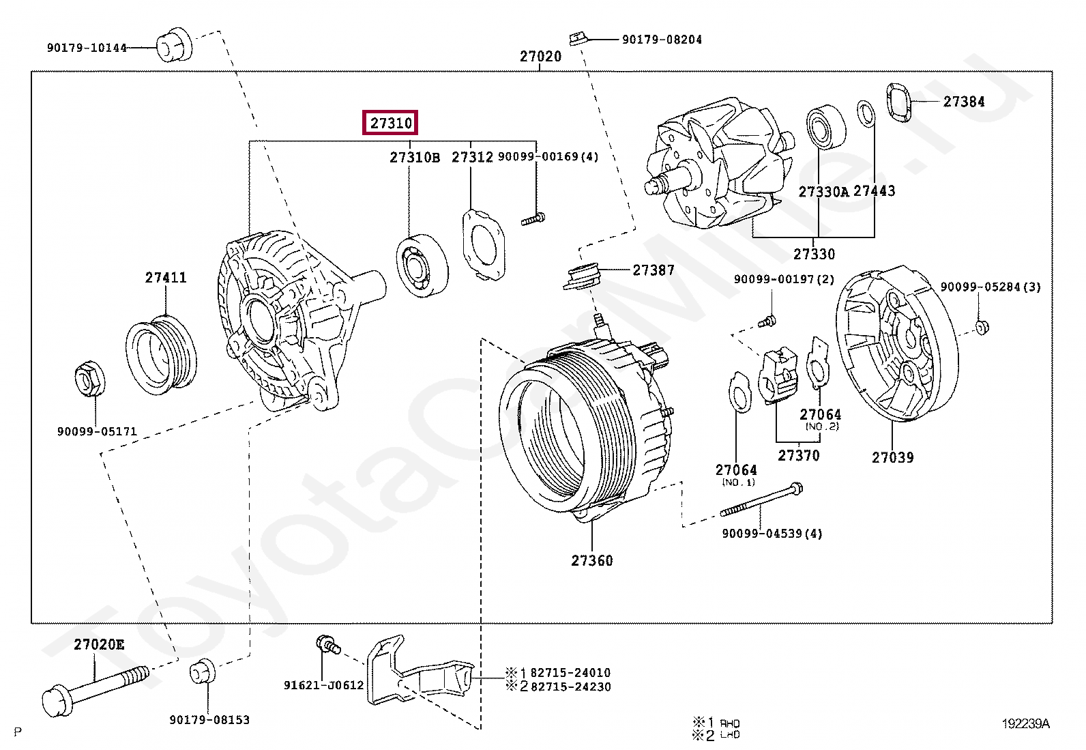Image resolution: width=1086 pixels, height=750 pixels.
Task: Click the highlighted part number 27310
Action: coord(391,123)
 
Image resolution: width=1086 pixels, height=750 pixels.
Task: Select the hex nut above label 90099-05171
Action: coord(89,380)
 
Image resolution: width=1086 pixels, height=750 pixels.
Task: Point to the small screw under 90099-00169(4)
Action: coord(533,220)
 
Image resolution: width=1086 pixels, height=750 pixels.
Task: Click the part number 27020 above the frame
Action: coord(540,57)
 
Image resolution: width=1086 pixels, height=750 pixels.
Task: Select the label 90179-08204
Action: coord(661,40)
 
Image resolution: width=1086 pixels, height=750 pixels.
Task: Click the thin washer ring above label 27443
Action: coord(866,113)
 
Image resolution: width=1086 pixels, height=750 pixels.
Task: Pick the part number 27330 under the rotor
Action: coord(814,254)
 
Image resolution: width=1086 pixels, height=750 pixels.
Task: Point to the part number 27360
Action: coord(591,560)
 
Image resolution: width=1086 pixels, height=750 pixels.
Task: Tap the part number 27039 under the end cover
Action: coord(892,457)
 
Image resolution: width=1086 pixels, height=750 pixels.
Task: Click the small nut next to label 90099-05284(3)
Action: coord(981,327)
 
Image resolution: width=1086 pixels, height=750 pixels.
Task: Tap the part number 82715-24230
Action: coord(570,687)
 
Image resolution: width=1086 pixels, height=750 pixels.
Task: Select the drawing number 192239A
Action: coord(1025,724)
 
